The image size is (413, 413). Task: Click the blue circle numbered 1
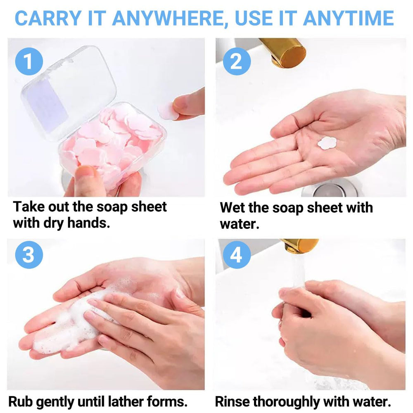(29, 62)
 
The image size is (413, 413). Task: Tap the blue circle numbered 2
(237, 62)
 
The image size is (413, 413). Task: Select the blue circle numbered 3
(29, 255)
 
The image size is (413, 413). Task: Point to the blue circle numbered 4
(237, 255)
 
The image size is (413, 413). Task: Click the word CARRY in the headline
(48, 18)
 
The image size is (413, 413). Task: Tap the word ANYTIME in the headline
(348, 18)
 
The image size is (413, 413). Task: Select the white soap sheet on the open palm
(327, 143)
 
